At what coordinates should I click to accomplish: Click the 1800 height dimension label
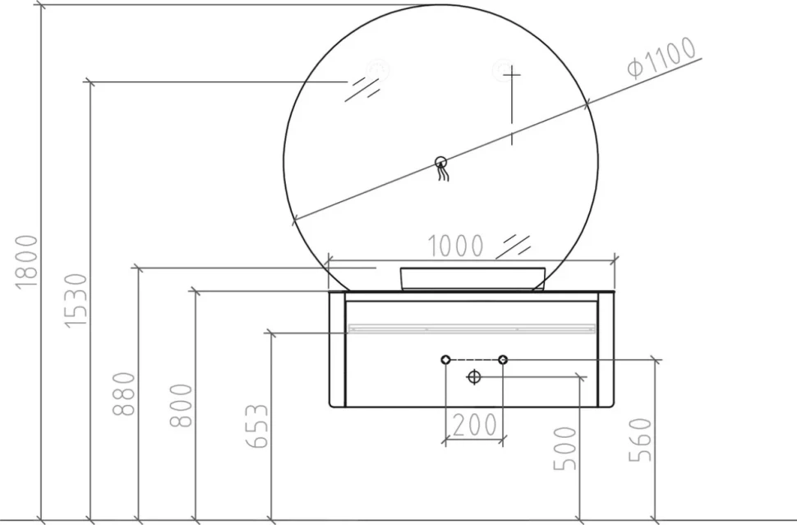(27, 262)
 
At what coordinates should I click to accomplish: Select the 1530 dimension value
(76, 301)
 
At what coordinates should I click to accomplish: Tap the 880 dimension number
(124, 394)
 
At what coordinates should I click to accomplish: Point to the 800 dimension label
(181, 405)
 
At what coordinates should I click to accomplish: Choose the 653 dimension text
(257, 426)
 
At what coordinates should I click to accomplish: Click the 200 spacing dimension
(474, 425)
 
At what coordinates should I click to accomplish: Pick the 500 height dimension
(565, 449)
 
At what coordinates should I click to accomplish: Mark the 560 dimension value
(640, 440)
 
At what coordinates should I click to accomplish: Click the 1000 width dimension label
(455, 246)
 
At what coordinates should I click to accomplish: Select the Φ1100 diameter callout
(661, 58)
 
